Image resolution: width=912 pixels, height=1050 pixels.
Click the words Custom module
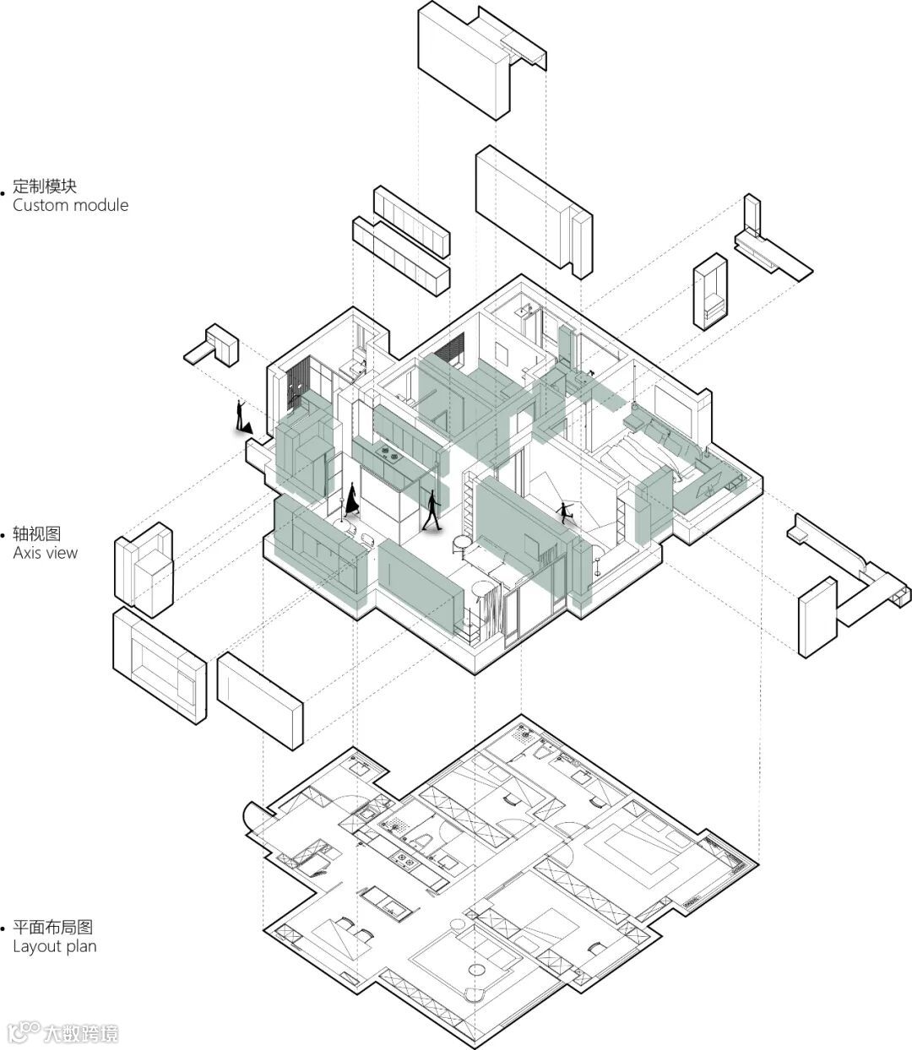[71, 205]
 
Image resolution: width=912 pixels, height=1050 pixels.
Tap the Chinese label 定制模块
[44, 186]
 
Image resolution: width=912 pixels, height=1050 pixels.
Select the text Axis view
[46, 553]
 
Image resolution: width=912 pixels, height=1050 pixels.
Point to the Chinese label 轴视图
[37, 533]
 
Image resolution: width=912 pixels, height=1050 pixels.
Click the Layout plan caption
[55, 946]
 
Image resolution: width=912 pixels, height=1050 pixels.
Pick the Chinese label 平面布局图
[52, 927]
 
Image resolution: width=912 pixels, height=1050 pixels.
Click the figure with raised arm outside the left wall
[242, 418]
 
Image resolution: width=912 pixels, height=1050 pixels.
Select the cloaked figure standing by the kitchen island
[351, 498]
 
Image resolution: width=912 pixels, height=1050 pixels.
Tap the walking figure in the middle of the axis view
[433, 511]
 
